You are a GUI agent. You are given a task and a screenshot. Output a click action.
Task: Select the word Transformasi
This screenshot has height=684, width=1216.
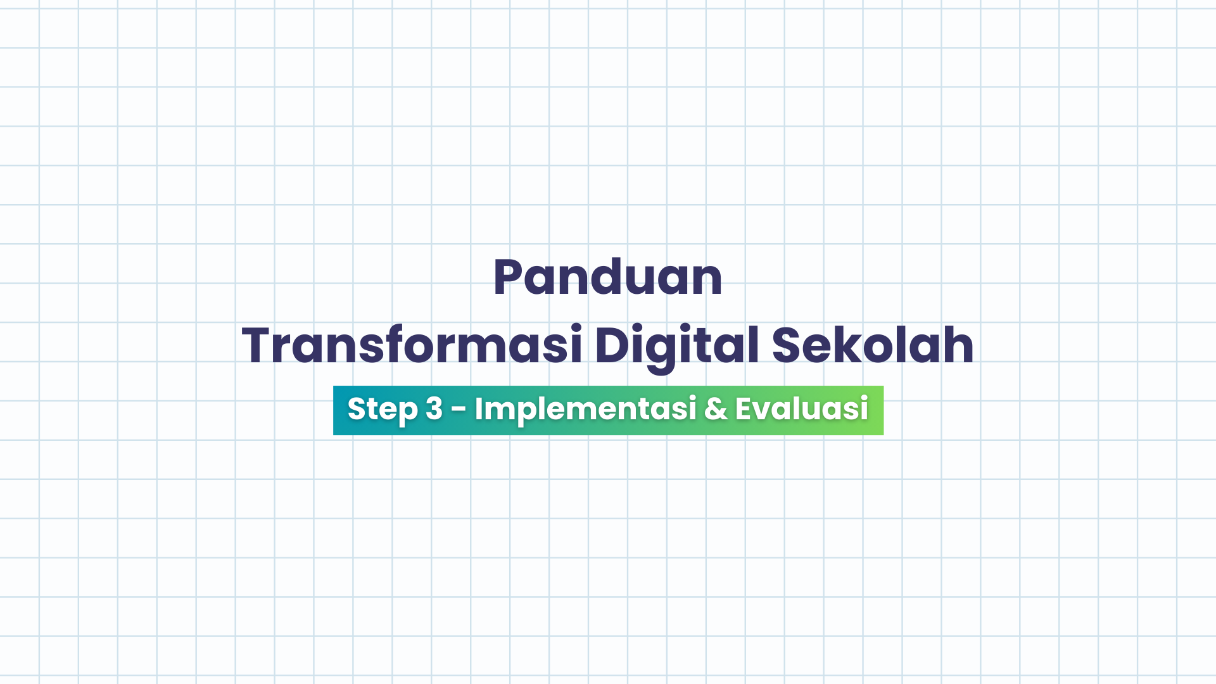pyautogui.click(x=412, y=346)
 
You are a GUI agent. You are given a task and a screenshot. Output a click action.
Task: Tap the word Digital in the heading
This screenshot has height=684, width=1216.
pyautogui.click(x=676, y=346)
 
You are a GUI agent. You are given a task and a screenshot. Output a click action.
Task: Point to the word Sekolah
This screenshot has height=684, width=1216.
pyautogui.click(x=873, y=346)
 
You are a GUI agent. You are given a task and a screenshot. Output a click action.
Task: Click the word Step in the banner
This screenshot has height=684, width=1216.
pyautogui.click(x=383, y=409)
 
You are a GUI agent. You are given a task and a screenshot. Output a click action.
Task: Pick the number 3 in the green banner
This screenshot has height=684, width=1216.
pyautogui.click(x=434, y=409)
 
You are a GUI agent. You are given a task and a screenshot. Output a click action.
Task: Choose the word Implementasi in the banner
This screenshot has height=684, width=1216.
pyautogui.click(x=586, y=409)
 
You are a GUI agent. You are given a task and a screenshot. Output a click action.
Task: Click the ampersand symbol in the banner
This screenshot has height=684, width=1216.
pyautogui.click(x=716, y=409)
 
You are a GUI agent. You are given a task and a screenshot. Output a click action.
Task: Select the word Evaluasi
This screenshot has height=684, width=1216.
pyautogui.click(x=802, y=409)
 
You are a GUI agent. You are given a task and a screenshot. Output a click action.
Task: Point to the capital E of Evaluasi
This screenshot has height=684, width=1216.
pyautogui.click(x=744, y=409)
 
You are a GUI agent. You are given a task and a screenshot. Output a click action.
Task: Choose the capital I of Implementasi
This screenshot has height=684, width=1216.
pyautogui.click(x=479, y=409)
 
